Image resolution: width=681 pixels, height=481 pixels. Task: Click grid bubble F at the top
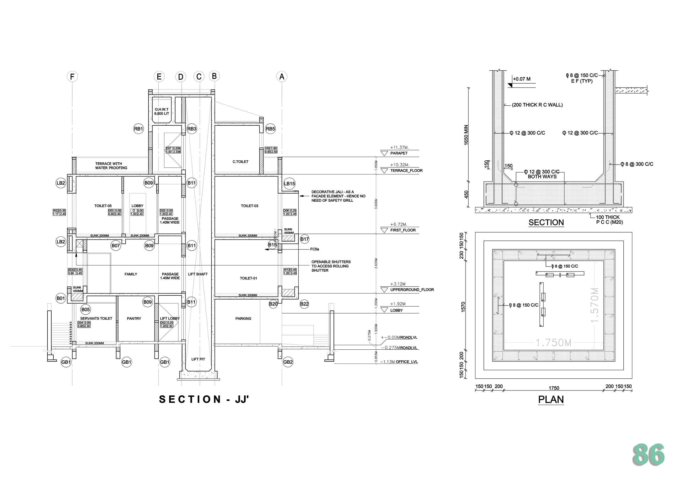[x=72, y=77]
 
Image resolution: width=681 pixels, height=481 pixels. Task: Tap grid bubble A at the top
[x=282, y=77]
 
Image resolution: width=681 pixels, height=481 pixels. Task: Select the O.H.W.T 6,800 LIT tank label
[x=162, y=111]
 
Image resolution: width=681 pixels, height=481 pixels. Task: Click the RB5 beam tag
[x=270, y=129]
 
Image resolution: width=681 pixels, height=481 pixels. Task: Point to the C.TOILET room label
[x=240, y=162]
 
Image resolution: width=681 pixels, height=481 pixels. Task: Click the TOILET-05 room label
[x=103, y=206]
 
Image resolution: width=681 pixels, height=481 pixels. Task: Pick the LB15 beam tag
[x=289, y=183]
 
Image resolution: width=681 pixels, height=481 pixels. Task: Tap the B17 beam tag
[x=304, y=239]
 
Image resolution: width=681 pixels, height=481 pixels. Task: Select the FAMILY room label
[x=131, y=275]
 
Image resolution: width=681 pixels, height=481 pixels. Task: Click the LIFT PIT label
[x=198, y=359]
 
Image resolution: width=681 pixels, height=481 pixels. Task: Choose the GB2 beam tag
[x=288, y=362]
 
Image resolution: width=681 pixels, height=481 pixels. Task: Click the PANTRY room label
[x=134, y=319]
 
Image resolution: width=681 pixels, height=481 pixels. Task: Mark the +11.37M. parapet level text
[x=399, y=147]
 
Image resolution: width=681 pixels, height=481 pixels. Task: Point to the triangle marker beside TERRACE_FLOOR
[x=384, y=171]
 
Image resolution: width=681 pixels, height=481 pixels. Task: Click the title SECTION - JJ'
[x=204, y=399]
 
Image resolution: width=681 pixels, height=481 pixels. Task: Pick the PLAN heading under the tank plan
[x=551, y=400]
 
